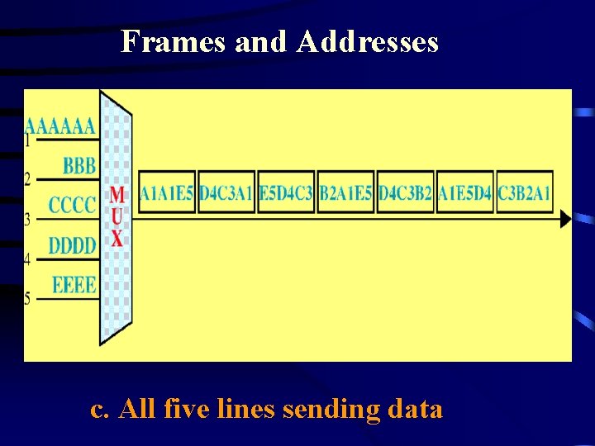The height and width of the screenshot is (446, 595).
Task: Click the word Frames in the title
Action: tap(174, 41)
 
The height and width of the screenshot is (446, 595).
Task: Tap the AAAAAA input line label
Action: tap(60, 126)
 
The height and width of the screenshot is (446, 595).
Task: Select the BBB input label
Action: tap(79, 165)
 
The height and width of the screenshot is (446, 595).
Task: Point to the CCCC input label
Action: tap(73, 205)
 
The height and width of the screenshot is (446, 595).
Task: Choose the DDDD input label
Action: tap(73, 245)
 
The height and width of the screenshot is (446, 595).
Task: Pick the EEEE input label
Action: tap(74, 286)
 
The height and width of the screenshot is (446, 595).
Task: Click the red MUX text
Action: tap(117, 217)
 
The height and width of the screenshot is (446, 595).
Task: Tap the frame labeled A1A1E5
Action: tap(166, 193)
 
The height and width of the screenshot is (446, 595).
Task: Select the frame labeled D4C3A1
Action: tap(226, 193)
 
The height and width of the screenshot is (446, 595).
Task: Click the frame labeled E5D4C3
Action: tap(286, 193)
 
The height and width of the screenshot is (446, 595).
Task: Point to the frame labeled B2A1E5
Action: tap(346, 193)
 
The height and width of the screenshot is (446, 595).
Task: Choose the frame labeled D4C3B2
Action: tap(406, 193)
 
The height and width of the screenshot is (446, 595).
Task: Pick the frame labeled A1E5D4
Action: tap(465, 193)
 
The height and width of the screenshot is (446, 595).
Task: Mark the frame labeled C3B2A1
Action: tap(525, 193)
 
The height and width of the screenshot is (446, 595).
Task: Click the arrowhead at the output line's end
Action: tap(565, 219)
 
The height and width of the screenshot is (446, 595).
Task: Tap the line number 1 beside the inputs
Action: tap(28, 141)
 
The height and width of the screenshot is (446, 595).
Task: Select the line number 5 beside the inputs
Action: tap(28, 299)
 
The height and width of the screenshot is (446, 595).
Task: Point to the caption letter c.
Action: tap(98, 410)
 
